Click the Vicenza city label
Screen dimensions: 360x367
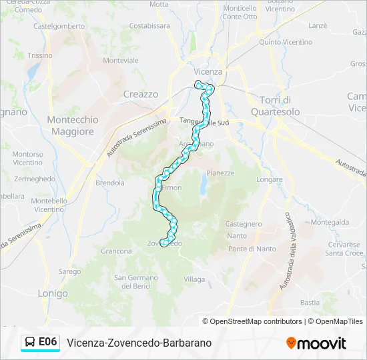tap(208, 71)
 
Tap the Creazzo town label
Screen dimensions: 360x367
tap(141, 95)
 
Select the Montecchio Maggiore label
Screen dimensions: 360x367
tap(73, 125)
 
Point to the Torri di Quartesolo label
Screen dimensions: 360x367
tap(275, 105)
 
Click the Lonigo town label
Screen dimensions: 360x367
tap(53, 293)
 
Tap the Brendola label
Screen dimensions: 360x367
tap(110, 183)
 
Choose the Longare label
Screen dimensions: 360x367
tap(269, 179)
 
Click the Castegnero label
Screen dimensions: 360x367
tap(244, 224)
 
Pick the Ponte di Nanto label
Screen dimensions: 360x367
tap(252, 249)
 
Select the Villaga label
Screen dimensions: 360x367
tap(194, 279)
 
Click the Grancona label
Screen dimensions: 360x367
tap(116, 251)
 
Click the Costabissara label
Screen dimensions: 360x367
tap(149, 26)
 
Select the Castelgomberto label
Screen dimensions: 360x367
tap(59, 26)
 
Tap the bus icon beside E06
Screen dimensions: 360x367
tap(30, 342)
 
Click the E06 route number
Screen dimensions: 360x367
tap(48, 342)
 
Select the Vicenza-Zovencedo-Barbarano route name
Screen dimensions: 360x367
tap(139, 343)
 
